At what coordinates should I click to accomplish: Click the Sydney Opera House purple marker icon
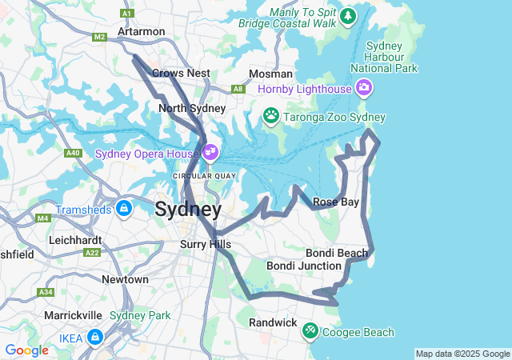[x=211, y=150]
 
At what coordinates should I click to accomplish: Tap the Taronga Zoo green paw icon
[x=271, y=116]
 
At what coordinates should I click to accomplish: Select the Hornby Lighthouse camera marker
[x=364, y=87]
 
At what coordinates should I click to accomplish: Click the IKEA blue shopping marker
[x=95, y=338]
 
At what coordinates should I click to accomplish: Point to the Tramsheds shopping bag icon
[x=123, y=209]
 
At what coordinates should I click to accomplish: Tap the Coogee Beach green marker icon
[x=310, y=330]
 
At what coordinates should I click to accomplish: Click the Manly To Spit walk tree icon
[x=348, y=15]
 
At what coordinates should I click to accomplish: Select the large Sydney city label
[x=188, y=210]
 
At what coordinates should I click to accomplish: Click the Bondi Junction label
[x=304, y=265]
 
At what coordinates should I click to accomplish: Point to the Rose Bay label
[x=336, y=202]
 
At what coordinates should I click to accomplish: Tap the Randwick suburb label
[x=273, y=322]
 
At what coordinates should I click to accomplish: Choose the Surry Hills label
[x=206, y=244]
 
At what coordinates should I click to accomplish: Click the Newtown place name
[x=125, y=279]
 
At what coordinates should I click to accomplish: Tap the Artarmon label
[x=141, y=31]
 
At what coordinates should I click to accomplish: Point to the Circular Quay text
[x=204, y=175]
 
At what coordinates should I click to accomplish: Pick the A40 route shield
[x=73, y=152]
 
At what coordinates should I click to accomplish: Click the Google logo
[x=26, y=350]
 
